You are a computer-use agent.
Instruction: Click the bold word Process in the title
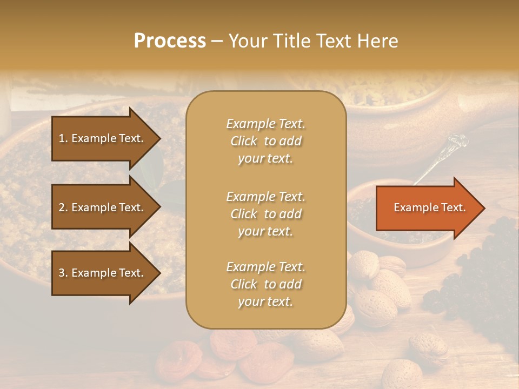point(170,41)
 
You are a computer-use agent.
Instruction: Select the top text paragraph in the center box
point(265,141)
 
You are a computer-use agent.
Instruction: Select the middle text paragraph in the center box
point(265,213)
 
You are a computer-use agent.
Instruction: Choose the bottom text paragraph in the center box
point(265,284)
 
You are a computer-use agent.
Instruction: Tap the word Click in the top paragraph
point(244,141)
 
